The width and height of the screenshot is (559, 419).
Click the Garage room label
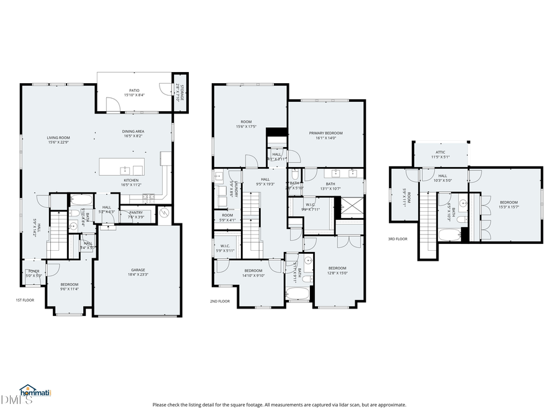coord(138,270)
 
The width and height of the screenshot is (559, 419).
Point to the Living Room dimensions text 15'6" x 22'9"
coord(58,142)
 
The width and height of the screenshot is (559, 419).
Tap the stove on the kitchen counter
coord(148,197)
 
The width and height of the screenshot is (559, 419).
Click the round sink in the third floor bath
coord(463,203)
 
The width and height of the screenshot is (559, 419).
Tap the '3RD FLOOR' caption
coord(398,239)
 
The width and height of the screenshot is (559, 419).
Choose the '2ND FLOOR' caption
coord(220,301)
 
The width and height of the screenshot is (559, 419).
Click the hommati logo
coord(35,392)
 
